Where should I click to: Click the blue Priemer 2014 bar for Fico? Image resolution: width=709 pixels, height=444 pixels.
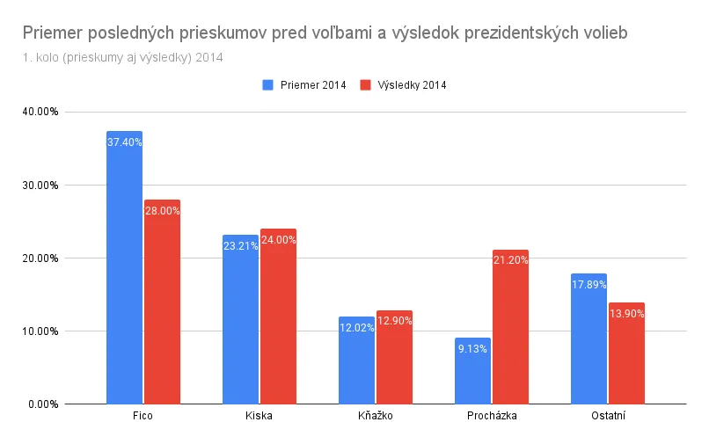[x=124, y=268]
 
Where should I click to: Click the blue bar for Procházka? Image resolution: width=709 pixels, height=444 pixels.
[x=472, y=371]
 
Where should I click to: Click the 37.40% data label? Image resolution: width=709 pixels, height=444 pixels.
[x=124, y=142]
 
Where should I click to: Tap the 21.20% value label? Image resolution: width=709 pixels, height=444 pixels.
[x=510, y=260]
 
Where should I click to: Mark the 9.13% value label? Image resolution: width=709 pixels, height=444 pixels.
[x=472, y=348]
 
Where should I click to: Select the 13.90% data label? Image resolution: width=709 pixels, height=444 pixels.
[x=626, y=314]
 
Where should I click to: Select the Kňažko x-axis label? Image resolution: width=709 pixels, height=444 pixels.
[x=375, y=416]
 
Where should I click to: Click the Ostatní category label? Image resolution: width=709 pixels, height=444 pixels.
[x=607, y=416]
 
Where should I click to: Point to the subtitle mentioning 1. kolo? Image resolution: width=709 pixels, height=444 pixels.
[x=123, y=58]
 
